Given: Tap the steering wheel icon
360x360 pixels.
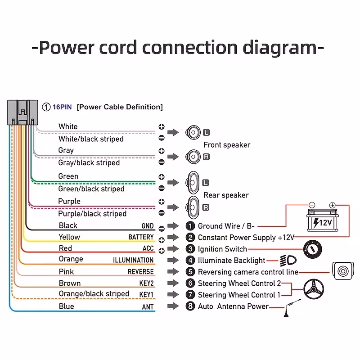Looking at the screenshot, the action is tap(314, 289).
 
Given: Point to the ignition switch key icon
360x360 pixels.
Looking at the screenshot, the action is tap(312, 249).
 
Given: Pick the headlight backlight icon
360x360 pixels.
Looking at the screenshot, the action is tap(288, 261).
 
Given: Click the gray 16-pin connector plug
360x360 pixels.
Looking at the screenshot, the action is tap(23, 112).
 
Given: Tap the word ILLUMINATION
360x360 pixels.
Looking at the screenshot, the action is tap(133, 260).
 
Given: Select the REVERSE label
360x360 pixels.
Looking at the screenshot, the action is tap(141, 272).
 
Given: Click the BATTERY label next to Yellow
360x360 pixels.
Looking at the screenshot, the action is tap(141, 237).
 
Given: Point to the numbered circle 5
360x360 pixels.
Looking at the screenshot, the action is tap(190, 272).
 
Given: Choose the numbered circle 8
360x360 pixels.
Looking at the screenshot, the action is tap(190, 306).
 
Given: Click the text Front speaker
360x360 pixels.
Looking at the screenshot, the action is tap(227, 145).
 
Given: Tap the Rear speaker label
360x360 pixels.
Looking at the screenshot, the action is tap(226, 195).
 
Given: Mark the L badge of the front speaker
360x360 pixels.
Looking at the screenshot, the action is tap(206, 132).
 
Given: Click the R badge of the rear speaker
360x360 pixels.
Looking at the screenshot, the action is tap(206, 207).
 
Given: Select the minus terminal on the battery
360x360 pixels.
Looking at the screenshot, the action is tap(312, 205).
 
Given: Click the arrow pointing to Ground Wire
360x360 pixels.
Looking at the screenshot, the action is tap(173, 226).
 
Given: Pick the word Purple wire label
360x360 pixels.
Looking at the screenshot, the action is tap(69, 201).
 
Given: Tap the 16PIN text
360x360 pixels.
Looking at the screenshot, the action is tap(62, 107).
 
